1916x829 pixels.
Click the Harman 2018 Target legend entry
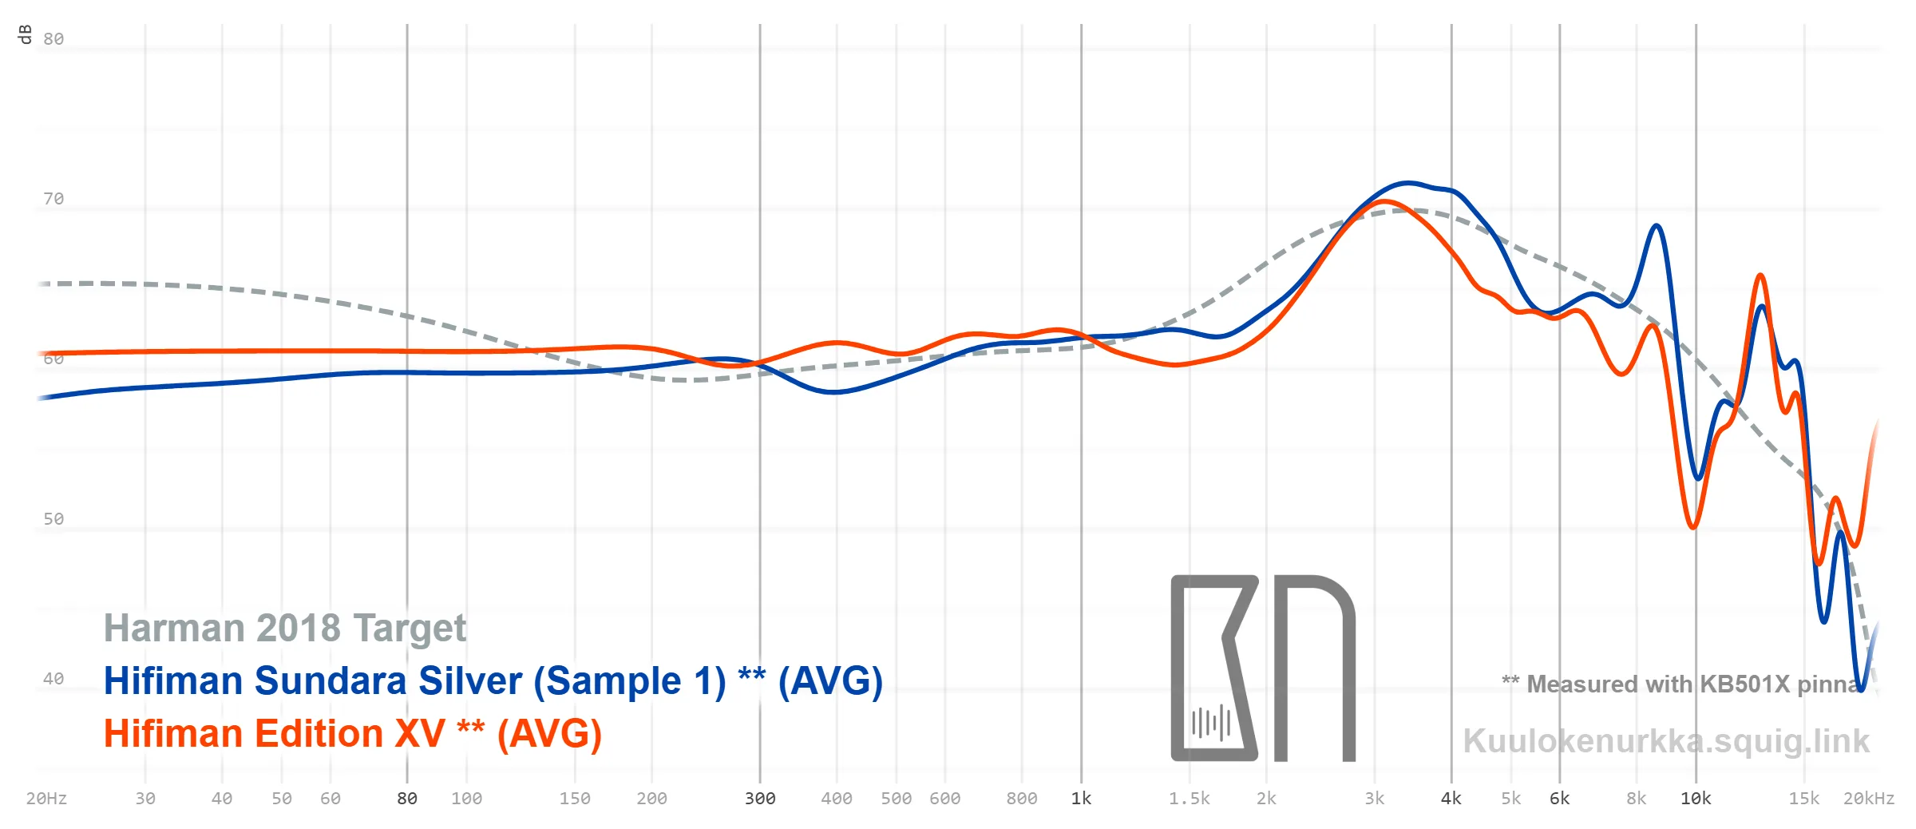coord(285,629)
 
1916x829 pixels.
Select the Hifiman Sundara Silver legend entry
coord(493,681)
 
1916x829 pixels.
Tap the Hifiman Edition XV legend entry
coord(353,734)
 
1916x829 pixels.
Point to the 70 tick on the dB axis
coord(53,199)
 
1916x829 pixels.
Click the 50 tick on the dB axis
coord(53,519)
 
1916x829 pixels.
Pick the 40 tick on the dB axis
coord(53,679)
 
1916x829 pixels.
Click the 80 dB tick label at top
coord(53,39)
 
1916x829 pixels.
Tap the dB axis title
coord(25,34)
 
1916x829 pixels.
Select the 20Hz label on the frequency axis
coord(46,799)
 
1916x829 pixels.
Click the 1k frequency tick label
coord(1081,799)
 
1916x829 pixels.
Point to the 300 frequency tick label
coord(760,799)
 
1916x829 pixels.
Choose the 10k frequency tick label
coord(1696,799)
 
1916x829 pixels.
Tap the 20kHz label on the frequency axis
coord(1869,799)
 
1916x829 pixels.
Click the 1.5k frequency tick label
coord(1190,799)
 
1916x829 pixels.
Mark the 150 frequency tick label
coord(575,799)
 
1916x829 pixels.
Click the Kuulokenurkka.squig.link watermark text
coord(1666,741)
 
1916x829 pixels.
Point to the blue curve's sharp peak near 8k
coord(1657,226)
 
